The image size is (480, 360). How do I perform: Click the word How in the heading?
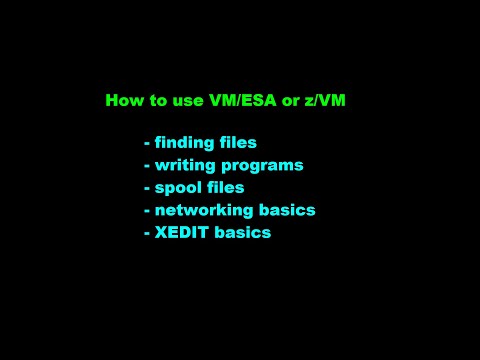click(123, 100)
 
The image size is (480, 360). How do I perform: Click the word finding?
click(185, 142)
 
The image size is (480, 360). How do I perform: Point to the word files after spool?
click(225, 186)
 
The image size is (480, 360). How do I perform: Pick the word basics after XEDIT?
click(241, 232)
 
